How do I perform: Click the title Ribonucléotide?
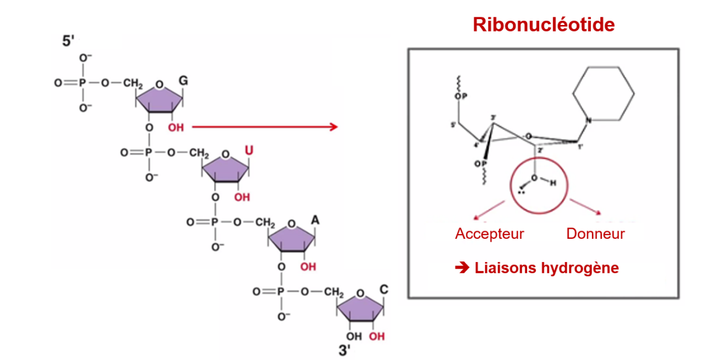click(x=543, y=25)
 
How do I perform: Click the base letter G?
click(x=183, y=81)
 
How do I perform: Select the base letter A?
click(x=316, y=220)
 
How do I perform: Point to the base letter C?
click(x=383, y=290)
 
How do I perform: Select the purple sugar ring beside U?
click(x=225, y=169)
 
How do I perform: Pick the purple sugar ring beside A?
click(x=291, y=238)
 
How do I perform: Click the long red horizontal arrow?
click(x=264, y=127)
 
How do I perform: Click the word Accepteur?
click(x=489, y=233)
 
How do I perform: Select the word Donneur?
click(x=595, y=233)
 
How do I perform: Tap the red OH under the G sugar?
click(x=175, y=128)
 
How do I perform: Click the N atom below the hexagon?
click(x=588, y=121)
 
